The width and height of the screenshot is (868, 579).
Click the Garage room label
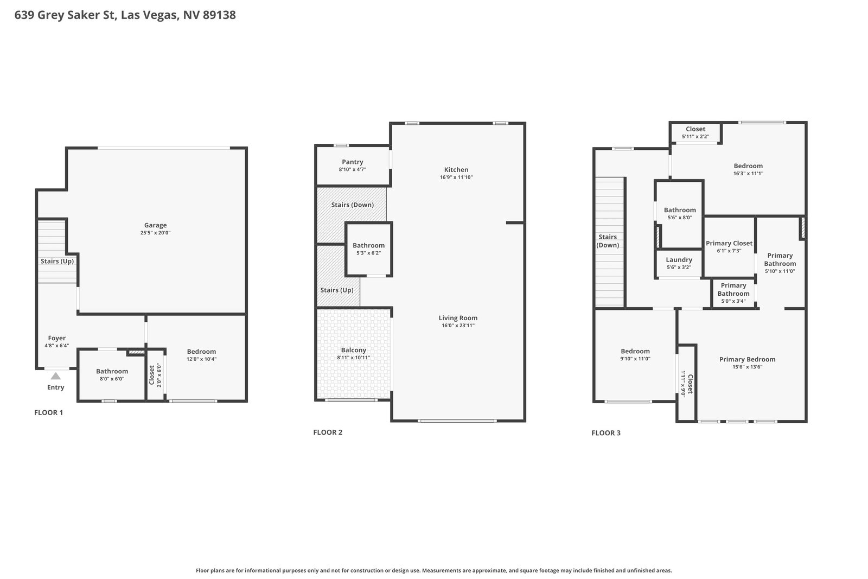click(155, 225)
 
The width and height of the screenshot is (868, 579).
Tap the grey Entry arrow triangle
click(56, 376)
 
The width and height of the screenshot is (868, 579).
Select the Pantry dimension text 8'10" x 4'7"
click(352, 169)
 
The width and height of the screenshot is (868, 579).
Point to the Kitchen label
click(456, 170)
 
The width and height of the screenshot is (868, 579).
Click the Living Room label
click(458, 318)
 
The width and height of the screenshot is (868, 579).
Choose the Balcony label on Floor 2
click(353, 350)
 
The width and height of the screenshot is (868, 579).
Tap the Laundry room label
click(679, 260)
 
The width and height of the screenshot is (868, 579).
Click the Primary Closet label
click(729, 244)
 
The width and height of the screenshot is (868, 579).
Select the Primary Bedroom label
click(747, 359)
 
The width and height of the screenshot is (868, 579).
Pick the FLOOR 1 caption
click(48, 412)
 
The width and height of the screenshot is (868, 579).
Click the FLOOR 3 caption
click(605, 433)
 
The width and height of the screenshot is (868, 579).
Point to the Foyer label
click(56, 338)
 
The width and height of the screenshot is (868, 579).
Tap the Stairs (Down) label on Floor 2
click(352, 205)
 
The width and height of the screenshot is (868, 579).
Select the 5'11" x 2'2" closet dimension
click(695, 136)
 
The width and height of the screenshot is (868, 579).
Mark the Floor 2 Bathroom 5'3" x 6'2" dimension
click(368, 253)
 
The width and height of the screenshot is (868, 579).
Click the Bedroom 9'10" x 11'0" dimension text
click(635, 359)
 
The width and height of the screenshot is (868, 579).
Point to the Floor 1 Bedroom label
click(201, 352)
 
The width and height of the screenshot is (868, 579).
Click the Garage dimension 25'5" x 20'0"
click(155, 233)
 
